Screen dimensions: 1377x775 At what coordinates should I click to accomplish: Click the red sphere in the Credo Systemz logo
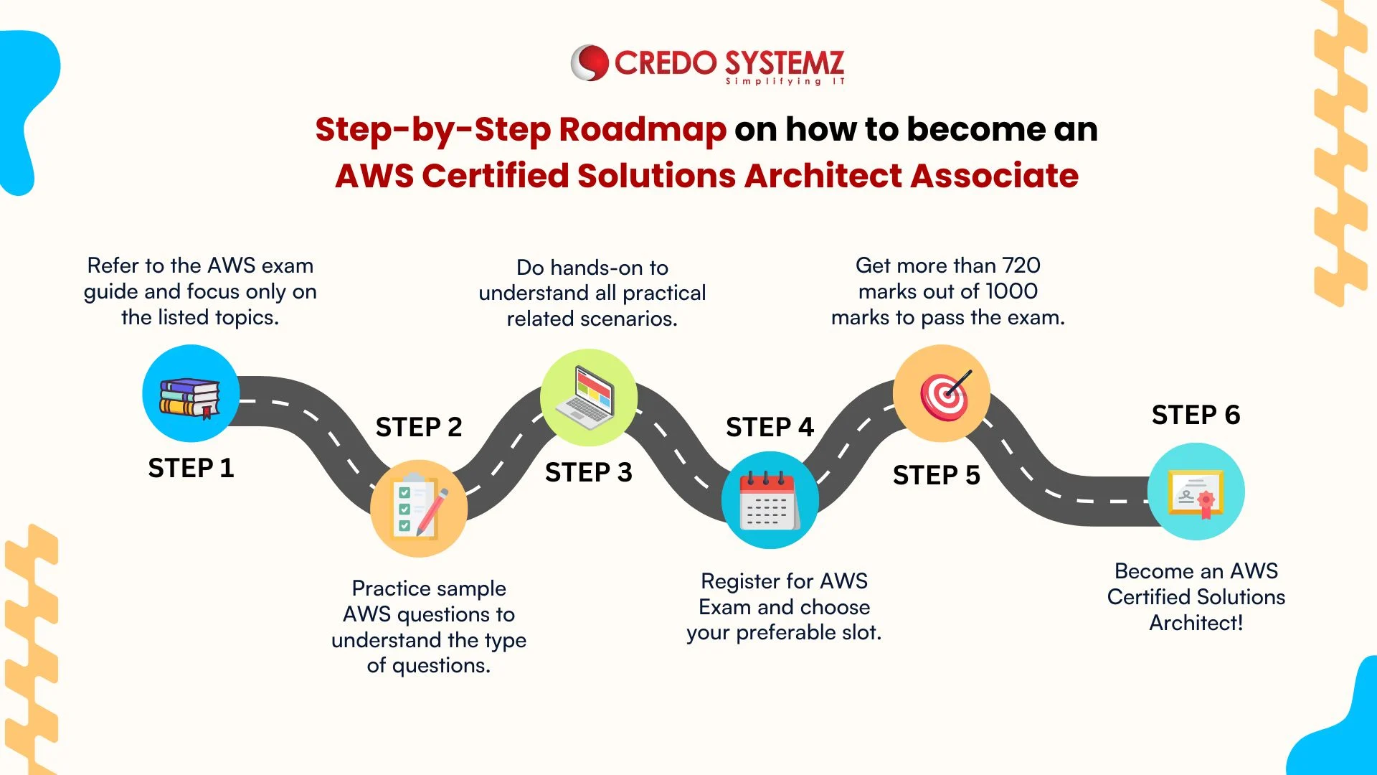[590, 63]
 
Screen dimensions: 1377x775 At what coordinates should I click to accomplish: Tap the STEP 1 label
[191, 468]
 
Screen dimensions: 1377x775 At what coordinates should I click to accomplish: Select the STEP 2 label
[419, 427]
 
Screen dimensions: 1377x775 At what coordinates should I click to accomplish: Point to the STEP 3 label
[589, 472]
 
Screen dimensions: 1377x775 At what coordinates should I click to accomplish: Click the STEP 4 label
[770, 427]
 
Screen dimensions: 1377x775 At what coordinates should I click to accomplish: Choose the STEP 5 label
[937, 475]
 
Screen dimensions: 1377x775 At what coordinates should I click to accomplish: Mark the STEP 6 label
[1196, 415]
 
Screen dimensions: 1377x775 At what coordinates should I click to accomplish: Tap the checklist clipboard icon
[420, 508]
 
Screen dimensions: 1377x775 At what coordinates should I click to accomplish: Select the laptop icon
[589, 397]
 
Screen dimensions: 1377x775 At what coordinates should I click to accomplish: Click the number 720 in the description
[1021, 266]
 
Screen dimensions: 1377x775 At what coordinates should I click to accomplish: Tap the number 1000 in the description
[1011, 291]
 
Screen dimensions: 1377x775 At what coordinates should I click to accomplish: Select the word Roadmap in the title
[642, 130]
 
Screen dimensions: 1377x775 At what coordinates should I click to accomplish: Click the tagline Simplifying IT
[785, 82]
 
